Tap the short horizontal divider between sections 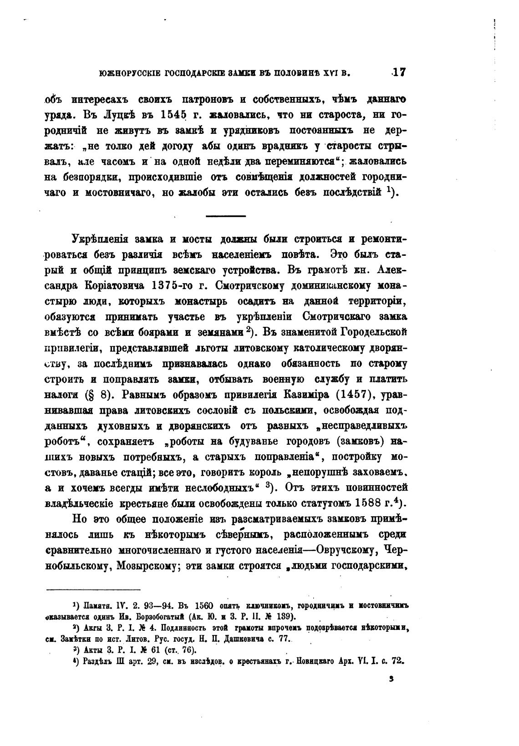coord(225,215)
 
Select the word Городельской coord(372,333)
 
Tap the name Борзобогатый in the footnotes coord(160,617)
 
